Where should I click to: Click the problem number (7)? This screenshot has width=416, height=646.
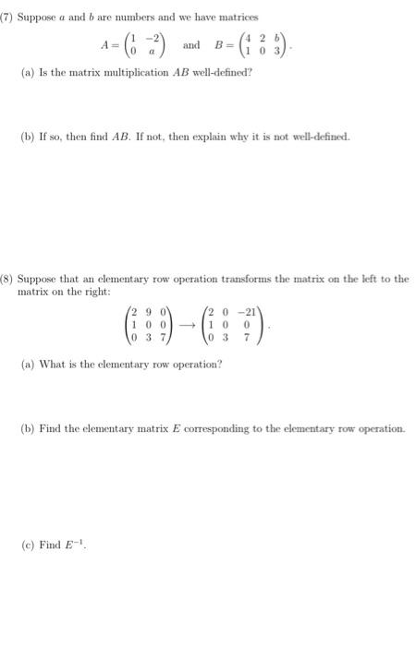pyautogui.click(x=13, y=17)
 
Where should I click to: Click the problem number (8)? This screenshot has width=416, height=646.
pyautogui.click(x=13, y=278)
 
